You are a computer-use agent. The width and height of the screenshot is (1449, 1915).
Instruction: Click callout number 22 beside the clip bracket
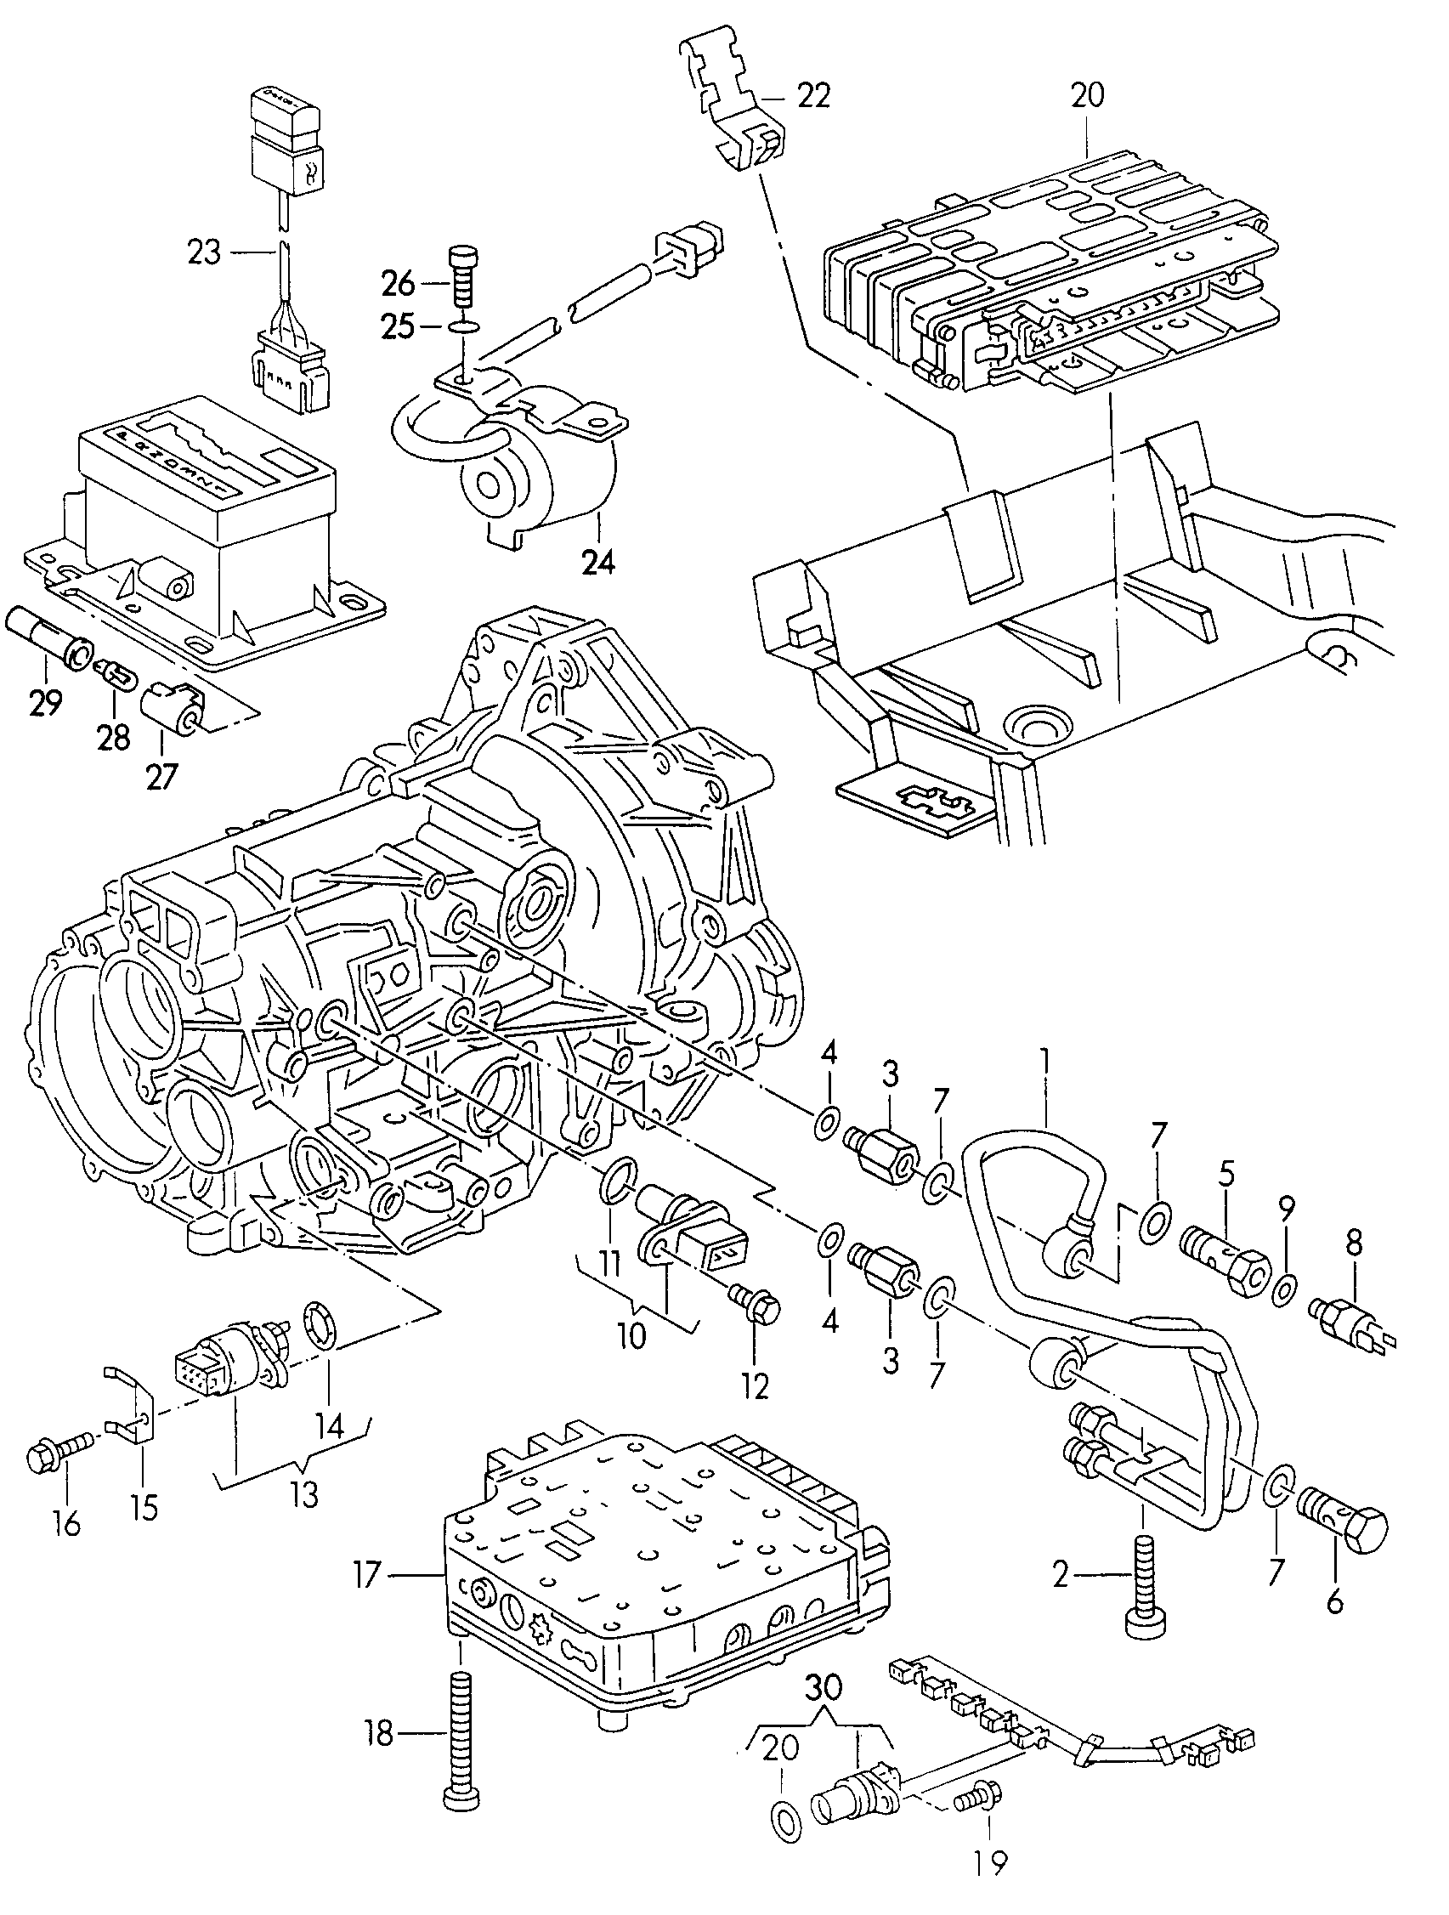coord(813,94)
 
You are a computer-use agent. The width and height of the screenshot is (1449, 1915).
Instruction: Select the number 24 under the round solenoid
coord(600,564)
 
